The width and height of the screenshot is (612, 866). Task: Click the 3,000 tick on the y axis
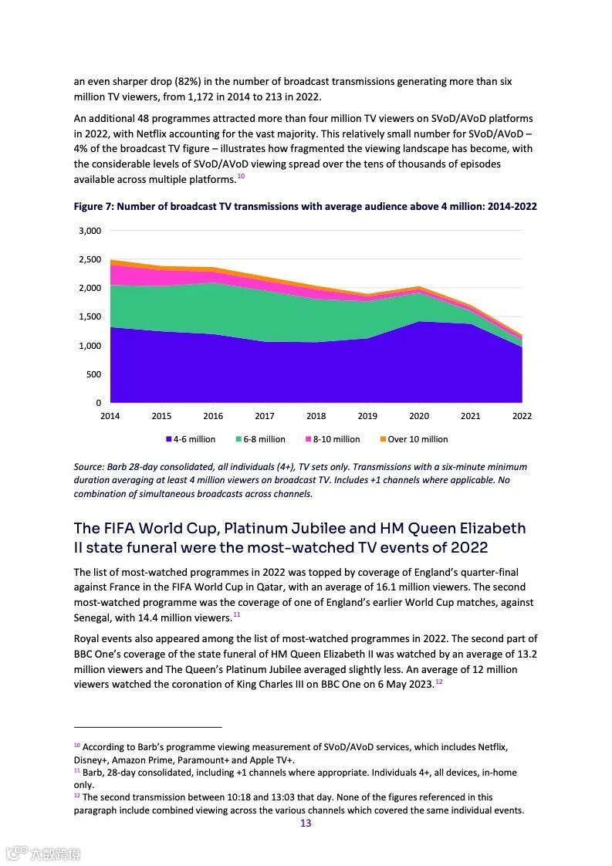point(90,231)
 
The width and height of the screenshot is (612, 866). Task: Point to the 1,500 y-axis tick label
point(90,317)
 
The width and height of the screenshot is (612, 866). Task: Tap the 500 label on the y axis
point(93,374)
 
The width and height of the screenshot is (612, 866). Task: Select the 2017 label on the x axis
point(264,416)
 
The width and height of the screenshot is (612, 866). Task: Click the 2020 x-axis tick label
point(418,416)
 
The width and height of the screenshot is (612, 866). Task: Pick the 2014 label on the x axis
point(110,416)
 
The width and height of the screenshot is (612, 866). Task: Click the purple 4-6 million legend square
point(168,439)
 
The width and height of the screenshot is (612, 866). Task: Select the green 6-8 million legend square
point(238,439)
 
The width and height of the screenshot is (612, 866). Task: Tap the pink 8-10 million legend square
point(308,439)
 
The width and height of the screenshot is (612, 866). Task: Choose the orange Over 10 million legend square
point(382,439)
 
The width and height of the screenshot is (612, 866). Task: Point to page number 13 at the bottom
point(306,824)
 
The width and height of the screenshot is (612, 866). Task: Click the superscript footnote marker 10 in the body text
point(241,177)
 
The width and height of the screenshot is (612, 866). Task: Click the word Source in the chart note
point(90,467)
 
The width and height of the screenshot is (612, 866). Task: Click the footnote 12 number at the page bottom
point(77,795)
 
